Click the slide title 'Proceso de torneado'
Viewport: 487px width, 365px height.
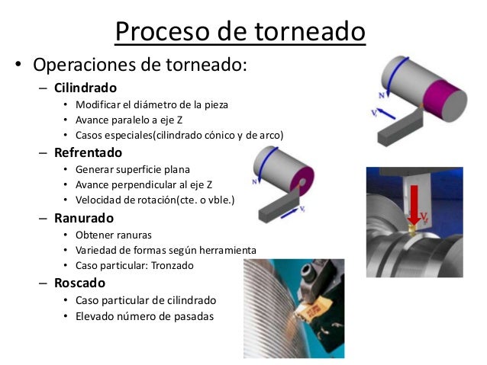coord(240,31)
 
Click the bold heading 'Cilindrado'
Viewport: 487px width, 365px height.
coord(85,87)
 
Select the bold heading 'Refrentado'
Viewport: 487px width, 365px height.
coord(88,152)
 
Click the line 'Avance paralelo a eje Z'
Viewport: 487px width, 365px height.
coord(129,120)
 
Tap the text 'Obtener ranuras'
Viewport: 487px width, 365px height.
coord(113,235)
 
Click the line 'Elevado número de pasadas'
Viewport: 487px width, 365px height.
coord(138,316)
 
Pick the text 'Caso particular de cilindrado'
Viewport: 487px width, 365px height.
coord(146,300)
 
